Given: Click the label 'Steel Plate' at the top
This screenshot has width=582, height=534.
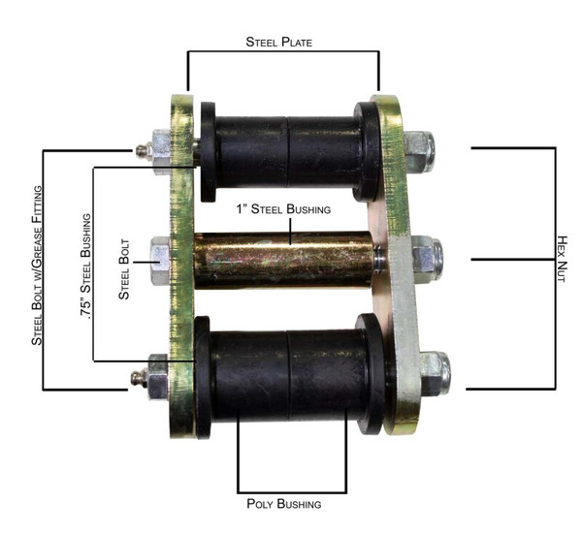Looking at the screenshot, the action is (282, 41).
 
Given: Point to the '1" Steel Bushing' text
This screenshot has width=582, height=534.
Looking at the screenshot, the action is (285, 208).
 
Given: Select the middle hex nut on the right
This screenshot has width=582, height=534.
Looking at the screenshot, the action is (426, 259).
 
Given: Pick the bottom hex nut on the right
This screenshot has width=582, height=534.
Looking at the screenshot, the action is (432, 372).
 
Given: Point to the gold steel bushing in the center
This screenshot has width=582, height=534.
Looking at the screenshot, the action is (285, 259).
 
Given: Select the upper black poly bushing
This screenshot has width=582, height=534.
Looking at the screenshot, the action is (287, 150).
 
